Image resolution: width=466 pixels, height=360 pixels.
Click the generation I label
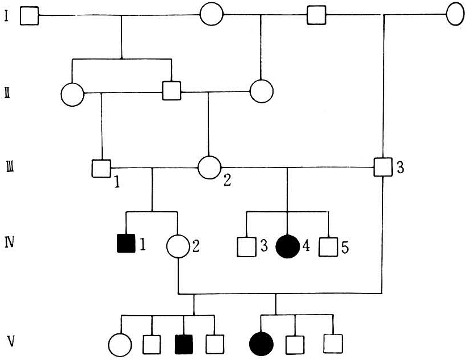(x=6, y=15)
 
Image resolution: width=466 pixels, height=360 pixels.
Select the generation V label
(x=9, y=342)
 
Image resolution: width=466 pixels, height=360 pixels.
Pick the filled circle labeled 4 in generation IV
(x=287, y=246)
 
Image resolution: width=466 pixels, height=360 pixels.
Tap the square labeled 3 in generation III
(x=384, y=168)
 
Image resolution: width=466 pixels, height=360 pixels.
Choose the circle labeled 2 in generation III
(x=209, y=168)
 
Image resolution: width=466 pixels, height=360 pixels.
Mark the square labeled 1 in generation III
(x=101, y=168)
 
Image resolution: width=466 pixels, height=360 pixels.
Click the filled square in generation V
(x=184, y=344)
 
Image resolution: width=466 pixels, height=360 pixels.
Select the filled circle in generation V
(x=261, y=344)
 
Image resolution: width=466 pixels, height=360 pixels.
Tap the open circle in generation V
(x=120, y=344)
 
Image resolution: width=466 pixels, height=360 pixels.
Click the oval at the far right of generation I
(x=456, y=14)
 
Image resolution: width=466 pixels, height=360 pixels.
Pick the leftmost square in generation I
(x=30, y=15)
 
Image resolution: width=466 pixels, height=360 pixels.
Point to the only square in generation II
(x=171, y=90)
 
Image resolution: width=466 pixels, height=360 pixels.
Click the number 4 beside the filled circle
(x=306, y=246)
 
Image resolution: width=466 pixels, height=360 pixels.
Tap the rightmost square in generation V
(x=333, y=343)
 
